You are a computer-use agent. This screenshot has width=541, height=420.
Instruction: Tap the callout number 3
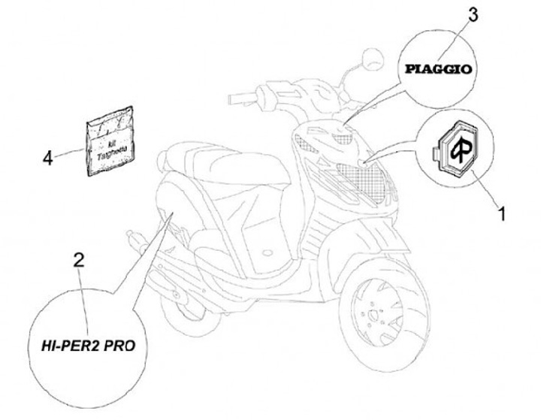(x=473, y=14)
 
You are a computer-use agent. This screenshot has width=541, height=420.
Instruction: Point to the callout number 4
(x=48, y=158)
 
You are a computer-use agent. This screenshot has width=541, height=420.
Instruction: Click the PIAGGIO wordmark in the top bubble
(x=439, y=69)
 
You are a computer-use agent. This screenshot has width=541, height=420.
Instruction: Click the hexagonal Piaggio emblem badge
(x=456, y=148)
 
